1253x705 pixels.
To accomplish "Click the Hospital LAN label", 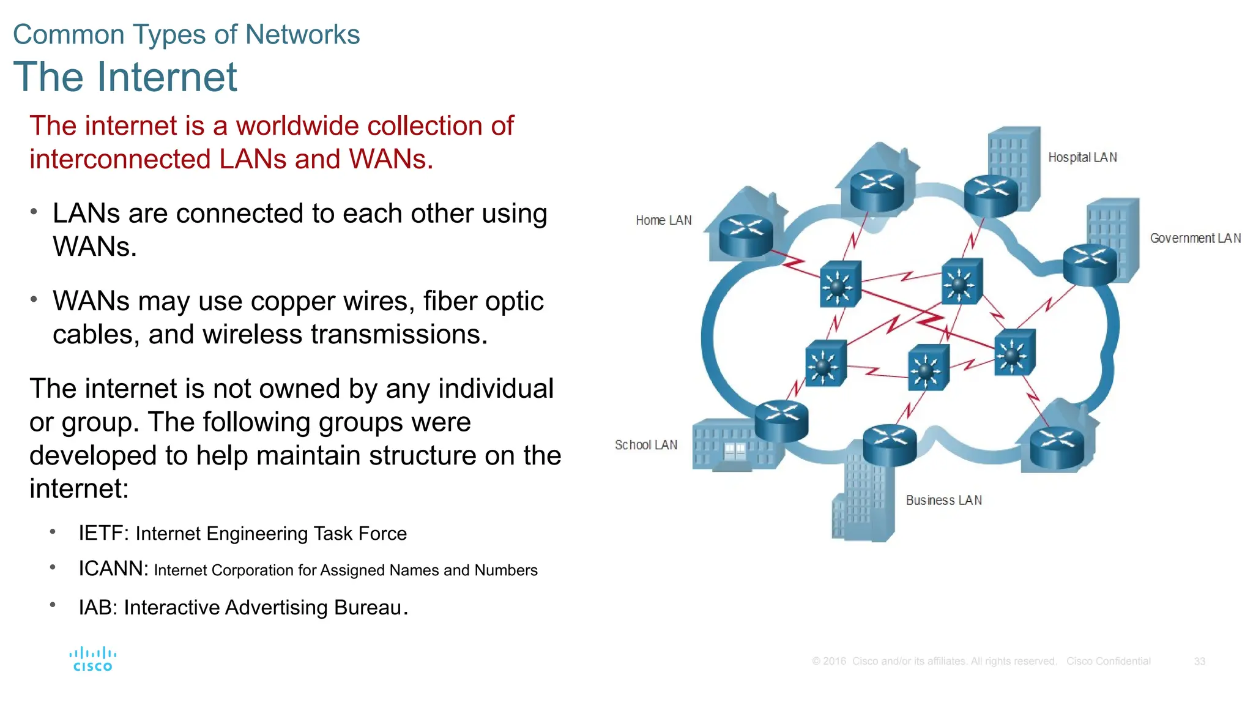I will coord(1082,157).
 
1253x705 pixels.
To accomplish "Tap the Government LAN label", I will coord(1195,238).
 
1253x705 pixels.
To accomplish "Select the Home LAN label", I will coord(663,220).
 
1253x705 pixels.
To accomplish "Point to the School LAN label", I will coord(645,445).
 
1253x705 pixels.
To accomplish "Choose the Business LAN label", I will coord(943,500).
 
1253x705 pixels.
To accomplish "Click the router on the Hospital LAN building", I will coord(991,195).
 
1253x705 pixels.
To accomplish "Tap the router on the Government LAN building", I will coord(1090,264).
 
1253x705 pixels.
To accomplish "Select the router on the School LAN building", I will coord(781,421).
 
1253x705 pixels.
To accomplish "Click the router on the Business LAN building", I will coord(890,445).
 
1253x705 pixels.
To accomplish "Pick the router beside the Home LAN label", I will coord(745,236).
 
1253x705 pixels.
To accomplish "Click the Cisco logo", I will coord(92,659).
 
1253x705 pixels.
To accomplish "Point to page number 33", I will coord(1199,662).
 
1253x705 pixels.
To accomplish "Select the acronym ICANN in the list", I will coord(113,569).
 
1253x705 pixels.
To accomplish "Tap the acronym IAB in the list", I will coord(97,607).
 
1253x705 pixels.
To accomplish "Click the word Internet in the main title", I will coord(166,78).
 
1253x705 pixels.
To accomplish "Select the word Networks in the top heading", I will coord(302,34).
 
